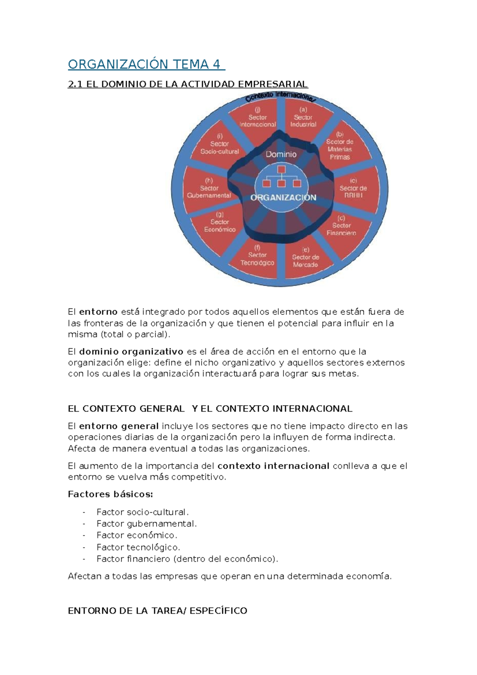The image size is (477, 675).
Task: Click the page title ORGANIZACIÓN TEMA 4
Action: [x=146, y=64]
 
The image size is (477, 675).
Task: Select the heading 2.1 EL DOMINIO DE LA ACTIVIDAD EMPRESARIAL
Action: [x=188, y=84]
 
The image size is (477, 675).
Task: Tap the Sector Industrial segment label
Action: [x=303, y=117]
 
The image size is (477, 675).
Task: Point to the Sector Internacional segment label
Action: [x=258, y=117]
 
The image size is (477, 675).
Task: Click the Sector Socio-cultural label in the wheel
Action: [x=219, y=144]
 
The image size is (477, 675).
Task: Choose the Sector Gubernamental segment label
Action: [x=209, y=188]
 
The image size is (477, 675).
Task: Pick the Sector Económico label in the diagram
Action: [x=220, y=222]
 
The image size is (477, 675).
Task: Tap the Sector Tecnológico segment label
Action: [x=257, y=256]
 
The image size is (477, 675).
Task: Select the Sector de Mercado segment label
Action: [x=305, y=258]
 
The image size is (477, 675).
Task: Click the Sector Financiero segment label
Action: [x=341, y=226]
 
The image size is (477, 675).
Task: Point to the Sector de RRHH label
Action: [x=353, y=188]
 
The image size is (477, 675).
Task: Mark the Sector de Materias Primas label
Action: [x=339, y=146]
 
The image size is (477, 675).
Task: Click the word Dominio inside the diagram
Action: [x=281, y=154]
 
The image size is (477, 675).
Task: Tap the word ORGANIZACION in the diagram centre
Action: [x=283, y=198]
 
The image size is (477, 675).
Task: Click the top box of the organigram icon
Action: [x=281, y=170]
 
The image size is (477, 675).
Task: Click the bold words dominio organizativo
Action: [x=131, y=351]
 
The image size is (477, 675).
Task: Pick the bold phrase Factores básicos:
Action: [x=110, y=494]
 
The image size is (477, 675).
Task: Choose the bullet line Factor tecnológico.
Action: [x=138, y=547]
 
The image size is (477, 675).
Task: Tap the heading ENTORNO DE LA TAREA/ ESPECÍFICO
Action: [x=157, y=611]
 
